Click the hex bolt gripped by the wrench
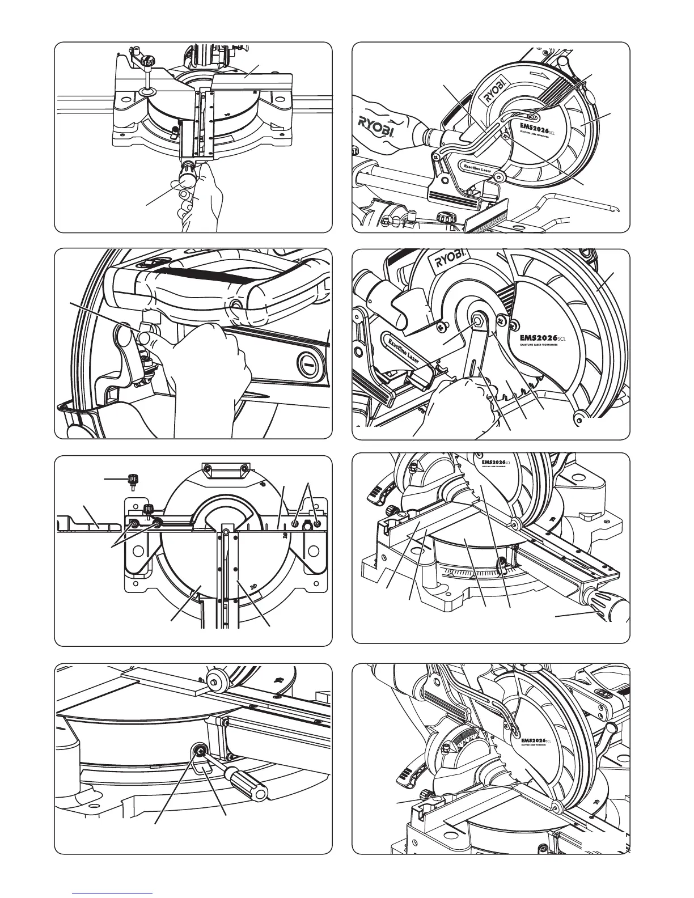click(479, 321)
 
